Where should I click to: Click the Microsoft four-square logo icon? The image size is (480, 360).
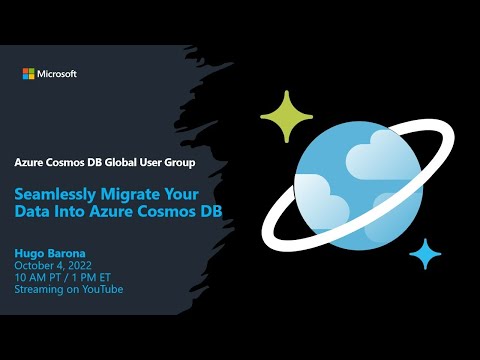pos(28,74)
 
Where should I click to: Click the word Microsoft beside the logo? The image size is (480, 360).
pos(57,74)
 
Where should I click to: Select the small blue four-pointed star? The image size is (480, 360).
pos(425,254)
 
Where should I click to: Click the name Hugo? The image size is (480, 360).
pos(30,253)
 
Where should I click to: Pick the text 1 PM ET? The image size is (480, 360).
pos(88,277)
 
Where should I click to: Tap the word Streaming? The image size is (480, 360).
pos(37,289)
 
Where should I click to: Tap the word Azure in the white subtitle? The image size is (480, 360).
pos(30,162)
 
